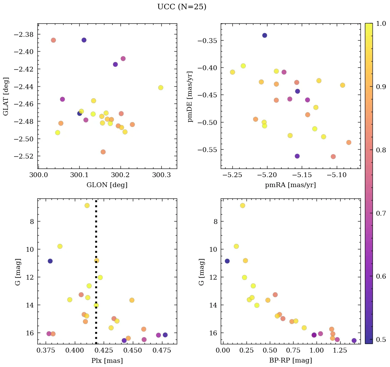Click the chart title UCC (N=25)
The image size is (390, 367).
pos(182,7)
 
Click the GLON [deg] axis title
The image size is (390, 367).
pos(107,185)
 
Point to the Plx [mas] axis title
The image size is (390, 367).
pos(107,360)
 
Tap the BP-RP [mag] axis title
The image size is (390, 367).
pos(290,360)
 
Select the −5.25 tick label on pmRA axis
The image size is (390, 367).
pos(232,175)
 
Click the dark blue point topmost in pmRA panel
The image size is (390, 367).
pos(264,35)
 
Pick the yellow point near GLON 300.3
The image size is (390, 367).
pos(160,88)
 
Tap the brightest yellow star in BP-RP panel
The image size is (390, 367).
pos(242,206)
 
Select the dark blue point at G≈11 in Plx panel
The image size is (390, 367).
pos(50,261)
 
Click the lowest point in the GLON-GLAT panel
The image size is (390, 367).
pos(103,152)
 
